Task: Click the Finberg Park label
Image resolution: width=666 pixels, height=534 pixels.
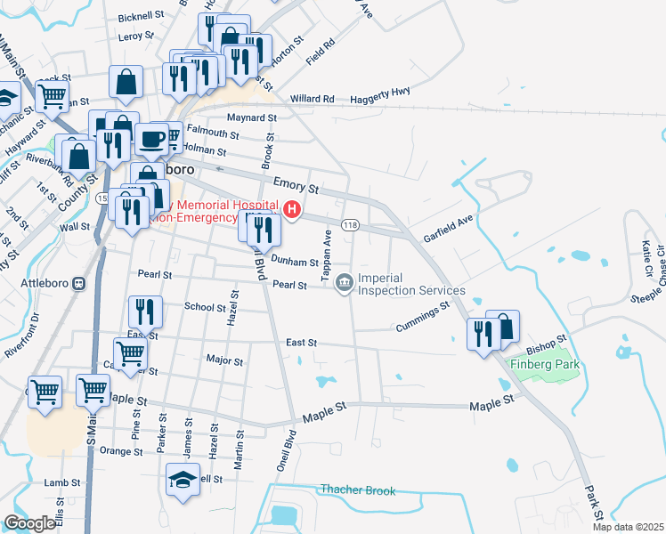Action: point(546,364)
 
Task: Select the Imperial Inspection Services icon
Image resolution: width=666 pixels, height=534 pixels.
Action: point(344,283)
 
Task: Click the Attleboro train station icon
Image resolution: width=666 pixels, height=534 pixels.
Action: point(78,284)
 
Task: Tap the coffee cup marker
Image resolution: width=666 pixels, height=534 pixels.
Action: point(150,140)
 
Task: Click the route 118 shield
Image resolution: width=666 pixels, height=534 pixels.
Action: point(350,225)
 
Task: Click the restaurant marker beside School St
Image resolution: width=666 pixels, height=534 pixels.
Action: point(144,311)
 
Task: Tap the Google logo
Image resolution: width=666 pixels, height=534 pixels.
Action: point(29,523)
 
